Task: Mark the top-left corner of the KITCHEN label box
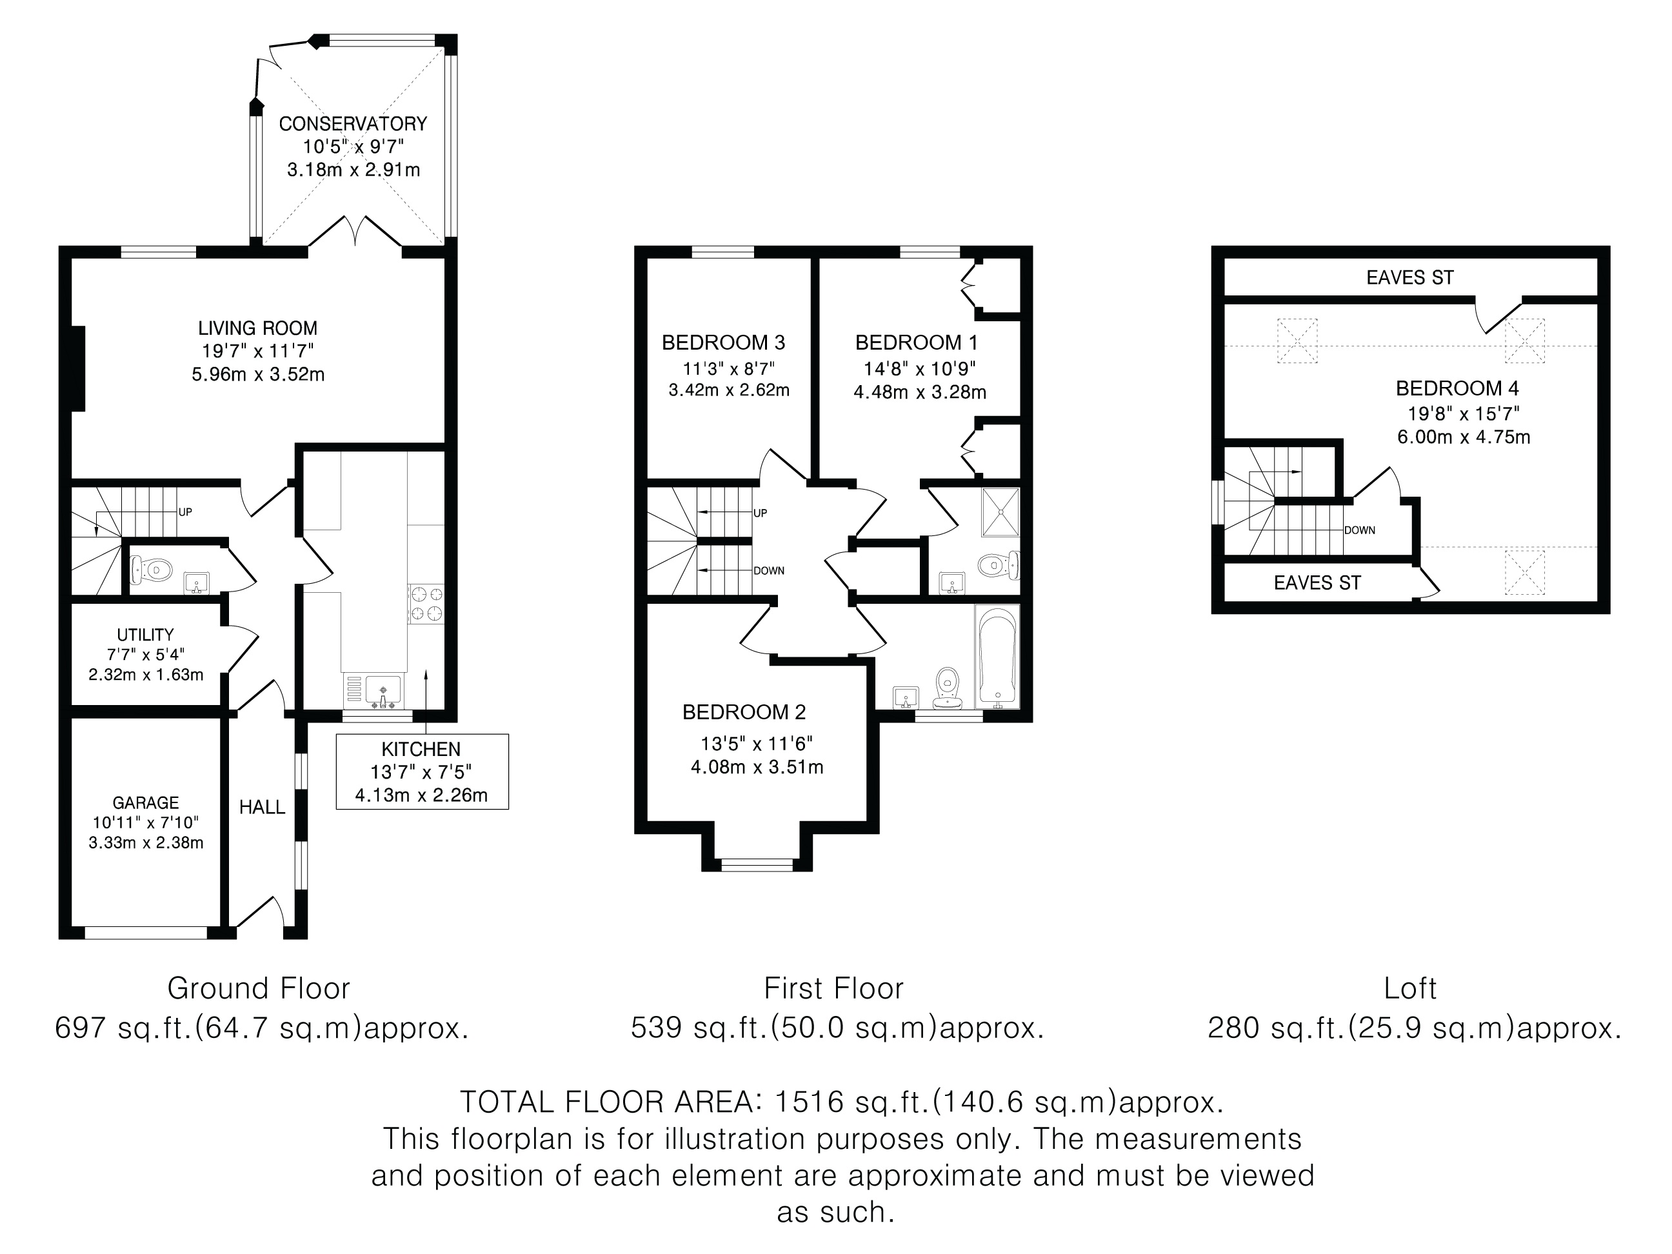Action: point(336,735)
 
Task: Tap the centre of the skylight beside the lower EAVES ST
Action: point(1525,573)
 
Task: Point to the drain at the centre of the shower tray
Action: point(1000,512)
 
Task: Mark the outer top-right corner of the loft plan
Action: point(1610,246)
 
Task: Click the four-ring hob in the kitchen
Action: point(426,604)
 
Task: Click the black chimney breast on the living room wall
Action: point(78,369)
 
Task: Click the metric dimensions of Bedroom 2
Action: point(757,767)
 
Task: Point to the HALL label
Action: point(263,807)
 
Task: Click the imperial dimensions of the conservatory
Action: point(353,146)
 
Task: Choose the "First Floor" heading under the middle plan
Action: point(833,989)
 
